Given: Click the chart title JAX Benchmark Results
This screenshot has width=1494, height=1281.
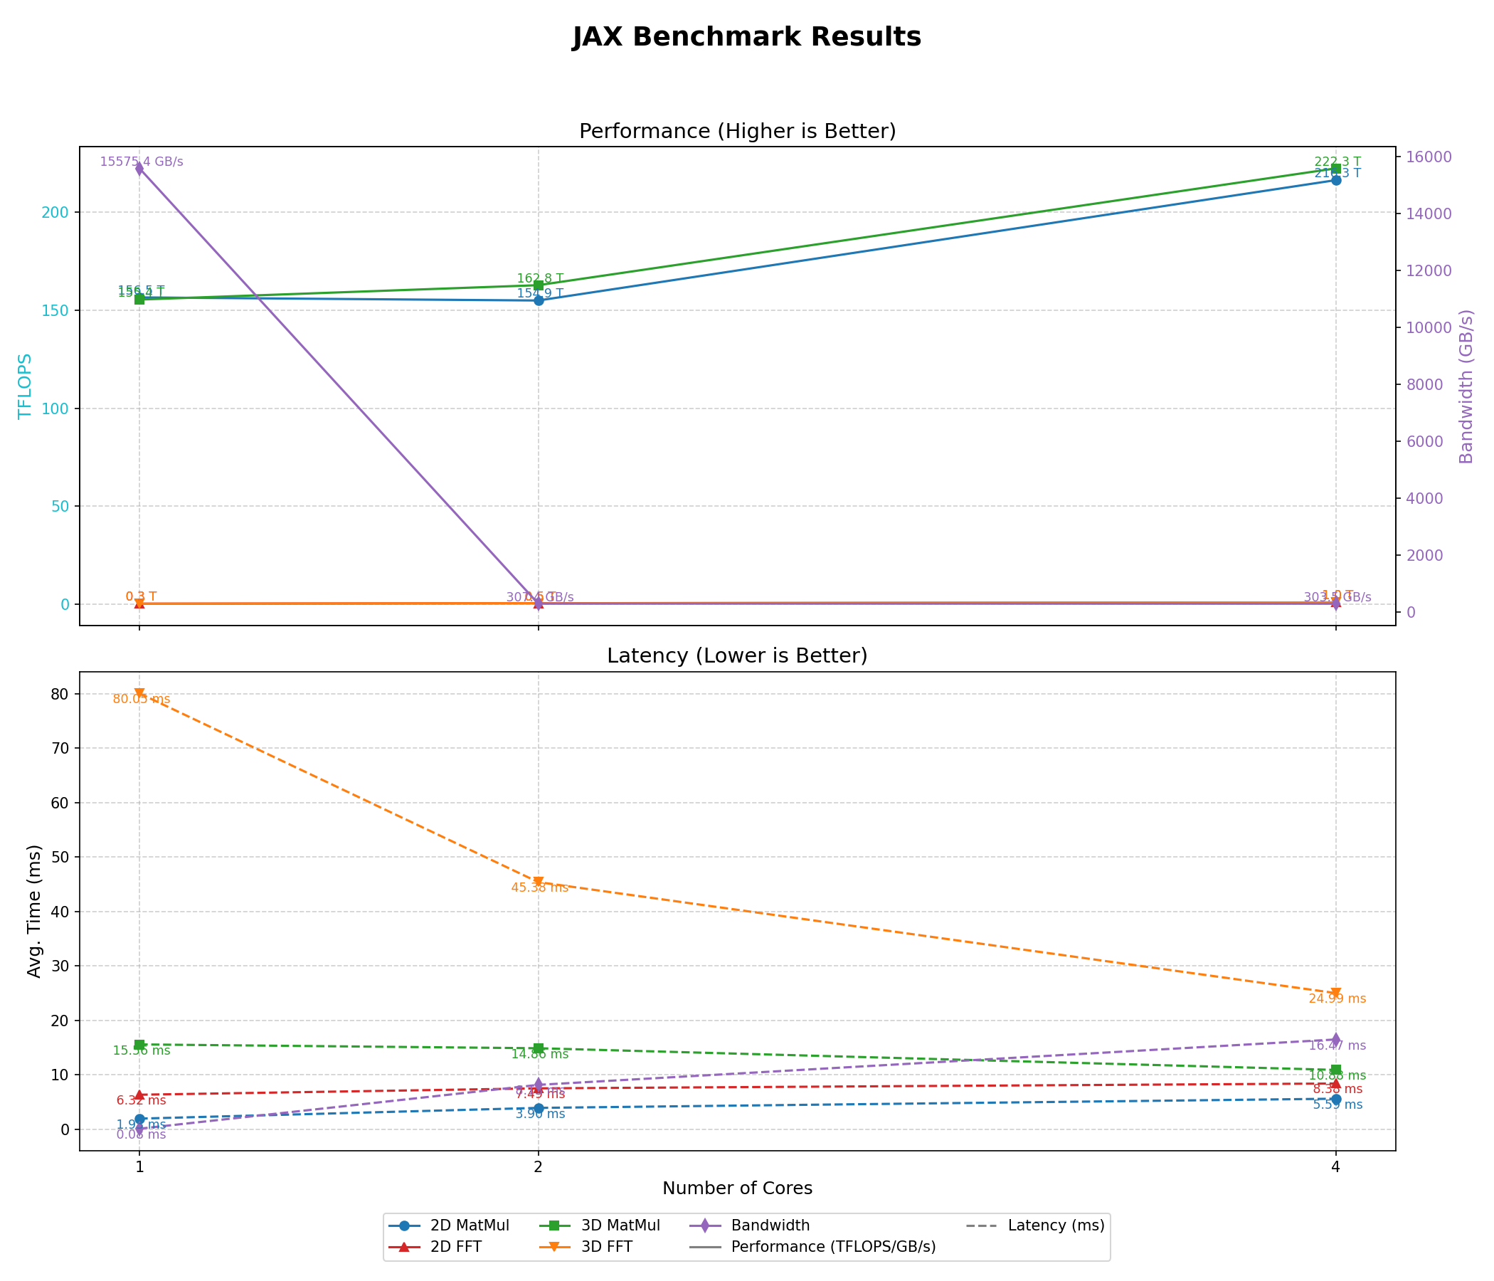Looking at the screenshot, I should click(x=746, y=38).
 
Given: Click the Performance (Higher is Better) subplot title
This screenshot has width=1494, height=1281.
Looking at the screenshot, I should click(x=737, y=131).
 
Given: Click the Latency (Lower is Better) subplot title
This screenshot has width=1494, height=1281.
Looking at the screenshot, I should click(x=737, y=655).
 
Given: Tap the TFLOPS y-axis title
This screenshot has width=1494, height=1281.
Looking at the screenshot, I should click(x=25, y=386).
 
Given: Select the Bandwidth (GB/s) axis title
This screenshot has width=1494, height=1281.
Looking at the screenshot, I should click(x=1466, y=386).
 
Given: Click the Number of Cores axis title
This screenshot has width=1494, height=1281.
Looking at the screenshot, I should click(x=737, y=1188).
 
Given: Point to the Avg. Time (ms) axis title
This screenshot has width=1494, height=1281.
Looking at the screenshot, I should click(x=34, y=910).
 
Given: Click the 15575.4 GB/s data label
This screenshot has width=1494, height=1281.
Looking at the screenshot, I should click(x=142, y=162).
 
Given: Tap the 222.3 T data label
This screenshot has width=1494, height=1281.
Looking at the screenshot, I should click(x=1337, y=162).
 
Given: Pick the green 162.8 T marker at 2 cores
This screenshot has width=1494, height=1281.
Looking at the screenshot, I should click(x=538, y=285).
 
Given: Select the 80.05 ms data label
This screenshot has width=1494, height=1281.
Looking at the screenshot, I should click(x=142, y=699).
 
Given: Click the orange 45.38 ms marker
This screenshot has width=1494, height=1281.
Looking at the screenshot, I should click(x=538, y=882).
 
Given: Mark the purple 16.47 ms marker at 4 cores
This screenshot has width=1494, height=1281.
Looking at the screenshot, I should click(x=1335, y=1039).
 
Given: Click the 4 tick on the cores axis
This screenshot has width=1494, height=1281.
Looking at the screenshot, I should click(x=1335, y=1166).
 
